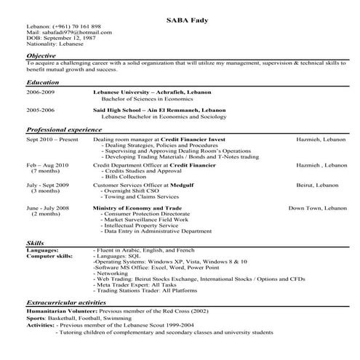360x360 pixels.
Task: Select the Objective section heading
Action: pyautogui.click(x=42, y=55)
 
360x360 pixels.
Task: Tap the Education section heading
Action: pyautogui.click(x=43, y=82)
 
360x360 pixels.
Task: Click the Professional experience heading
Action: pyautogui.click(x=65, y=128)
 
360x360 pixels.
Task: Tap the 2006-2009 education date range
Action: pyautogui.click(x=41, y=93)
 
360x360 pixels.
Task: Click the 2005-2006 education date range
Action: pyautogui.click(x=41, y=109)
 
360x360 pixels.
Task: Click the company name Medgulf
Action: pyautogui.click(x=181, y=185)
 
